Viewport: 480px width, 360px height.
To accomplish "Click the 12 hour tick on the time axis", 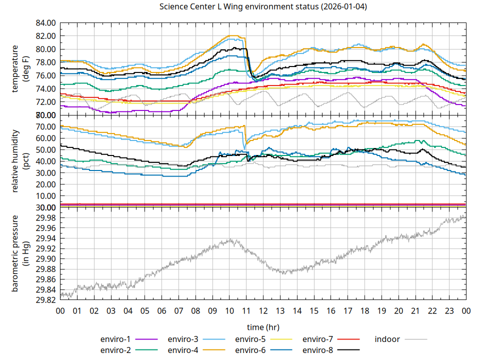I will point(263,310).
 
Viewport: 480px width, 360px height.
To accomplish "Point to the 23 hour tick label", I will point(449,310).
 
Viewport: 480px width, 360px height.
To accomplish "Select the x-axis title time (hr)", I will point(263,327).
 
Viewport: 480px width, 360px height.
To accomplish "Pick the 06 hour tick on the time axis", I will point(161,310).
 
